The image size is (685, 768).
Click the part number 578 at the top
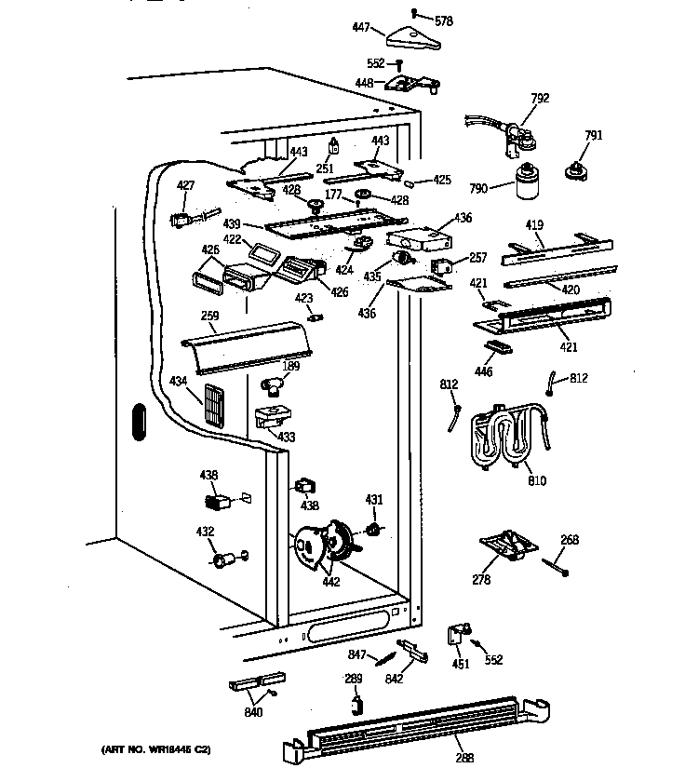click(x=444, y=20)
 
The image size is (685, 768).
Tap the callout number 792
click(x=540, y=98)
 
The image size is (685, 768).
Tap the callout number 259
click(x=210, y=317)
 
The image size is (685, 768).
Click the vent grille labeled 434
click(x=215, y=406)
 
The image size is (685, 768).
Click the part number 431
click(x=373, y=501)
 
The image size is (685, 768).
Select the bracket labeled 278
click(x=507, y=546)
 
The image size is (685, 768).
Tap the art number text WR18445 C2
click(x=155, y=748)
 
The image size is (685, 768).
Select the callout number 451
click(x=459, y=663)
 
